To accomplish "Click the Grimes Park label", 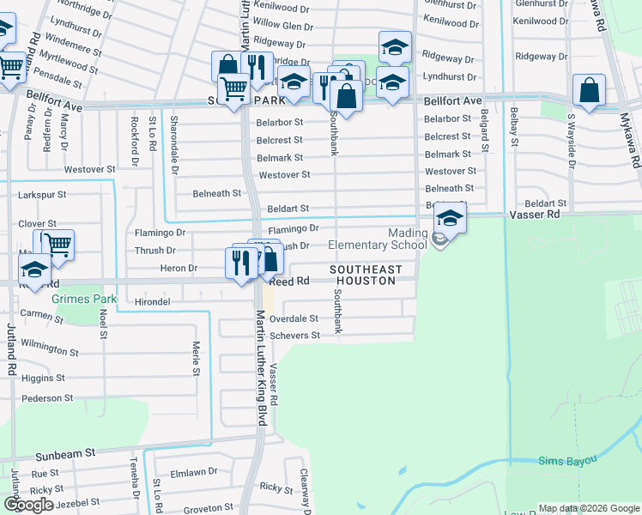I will pos(83,300).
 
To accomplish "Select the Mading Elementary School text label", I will pos(378,239).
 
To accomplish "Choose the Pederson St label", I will pos(47,398).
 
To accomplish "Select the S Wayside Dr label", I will pos(572,138).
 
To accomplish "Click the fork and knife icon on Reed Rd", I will pos(242,261).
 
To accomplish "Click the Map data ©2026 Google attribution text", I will pos(589,508).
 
